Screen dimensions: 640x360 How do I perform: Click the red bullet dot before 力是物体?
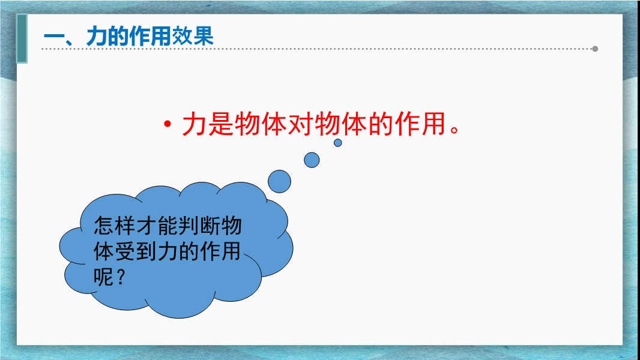pos(166,124)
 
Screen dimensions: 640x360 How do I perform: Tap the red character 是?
pos(221,124)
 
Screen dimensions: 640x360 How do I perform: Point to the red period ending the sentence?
pos(454,130)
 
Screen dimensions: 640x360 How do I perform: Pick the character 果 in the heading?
pos(204,37)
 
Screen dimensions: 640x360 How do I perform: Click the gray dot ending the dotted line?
pos(595,49)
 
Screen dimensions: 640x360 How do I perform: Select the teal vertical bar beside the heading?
pos(22,39)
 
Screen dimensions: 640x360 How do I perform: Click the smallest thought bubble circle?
pos(337,143)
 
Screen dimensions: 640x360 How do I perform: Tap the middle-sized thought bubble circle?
pos(312,160)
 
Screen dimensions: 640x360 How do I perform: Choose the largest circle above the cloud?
pos(280,181)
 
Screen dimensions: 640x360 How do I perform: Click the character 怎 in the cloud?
pos(104,225)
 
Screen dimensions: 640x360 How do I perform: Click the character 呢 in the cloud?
pos(104,277)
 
